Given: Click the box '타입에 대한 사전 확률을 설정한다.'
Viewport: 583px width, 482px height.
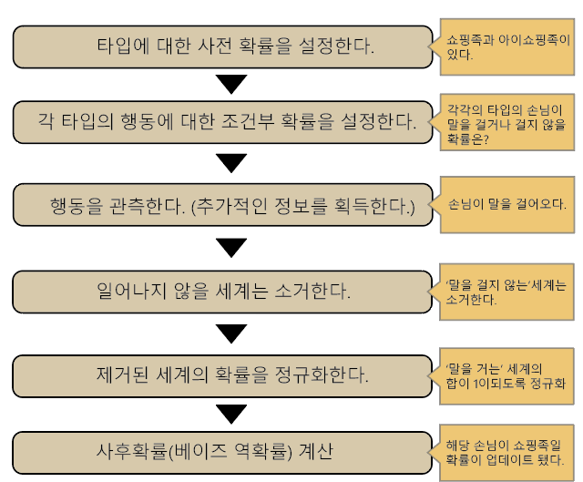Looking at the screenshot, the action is [222, 46].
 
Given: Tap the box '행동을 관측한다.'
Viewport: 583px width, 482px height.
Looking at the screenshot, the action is [222, 205].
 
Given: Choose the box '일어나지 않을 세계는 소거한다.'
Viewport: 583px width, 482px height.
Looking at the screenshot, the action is [222, 292].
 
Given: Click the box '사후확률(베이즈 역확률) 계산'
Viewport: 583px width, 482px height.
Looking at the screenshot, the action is [222, 451].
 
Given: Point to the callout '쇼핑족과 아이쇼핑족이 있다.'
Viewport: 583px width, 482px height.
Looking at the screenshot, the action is [508, 46].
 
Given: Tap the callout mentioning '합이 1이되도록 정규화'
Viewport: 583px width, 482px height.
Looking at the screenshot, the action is [508, 374].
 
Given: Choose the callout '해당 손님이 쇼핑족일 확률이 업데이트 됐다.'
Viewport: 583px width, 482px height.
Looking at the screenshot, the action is [508, 453].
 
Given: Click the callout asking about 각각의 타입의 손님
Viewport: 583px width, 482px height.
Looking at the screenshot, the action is [508, 122].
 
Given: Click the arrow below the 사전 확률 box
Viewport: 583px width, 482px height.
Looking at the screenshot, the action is [233, 84].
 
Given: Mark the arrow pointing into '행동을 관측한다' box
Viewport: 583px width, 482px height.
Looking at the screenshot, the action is [233, 163].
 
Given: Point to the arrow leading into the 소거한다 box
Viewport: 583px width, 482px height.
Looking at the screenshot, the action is [233, 247].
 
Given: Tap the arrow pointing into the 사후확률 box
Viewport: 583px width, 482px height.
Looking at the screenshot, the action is [233, 413].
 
